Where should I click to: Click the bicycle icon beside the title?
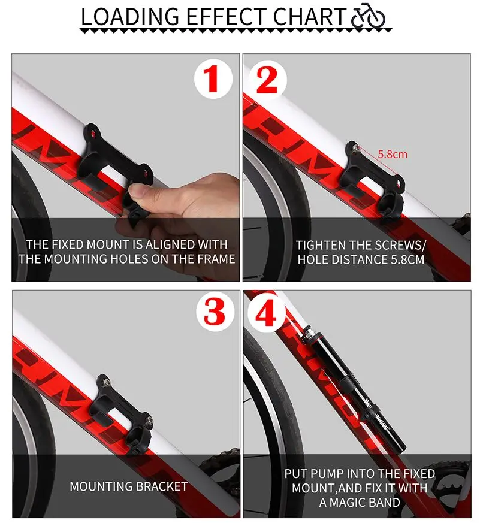pos(368,16)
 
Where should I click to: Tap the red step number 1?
pos(212,79)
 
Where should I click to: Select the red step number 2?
pos(267,80)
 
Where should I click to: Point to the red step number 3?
pos(214,312)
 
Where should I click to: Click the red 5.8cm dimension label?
pos(393,154)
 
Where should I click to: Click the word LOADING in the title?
pos(130,16)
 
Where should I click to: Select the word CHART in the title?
pos(309,16)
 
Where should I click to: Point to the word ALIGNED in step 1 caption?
pos(170,244)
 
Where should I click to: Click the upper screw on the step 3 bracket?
pos(105,380)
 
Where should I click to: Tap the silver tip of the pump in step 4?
pos(309,333)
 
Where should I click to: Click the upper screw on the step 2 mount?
pos(355,146)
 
